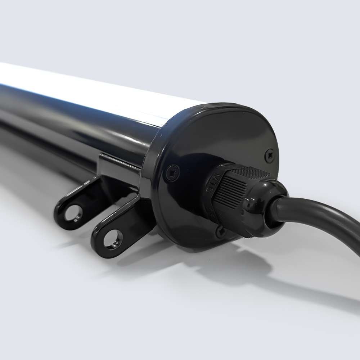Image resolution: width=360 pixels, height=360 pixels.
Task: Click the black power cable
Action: [324, 216]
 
